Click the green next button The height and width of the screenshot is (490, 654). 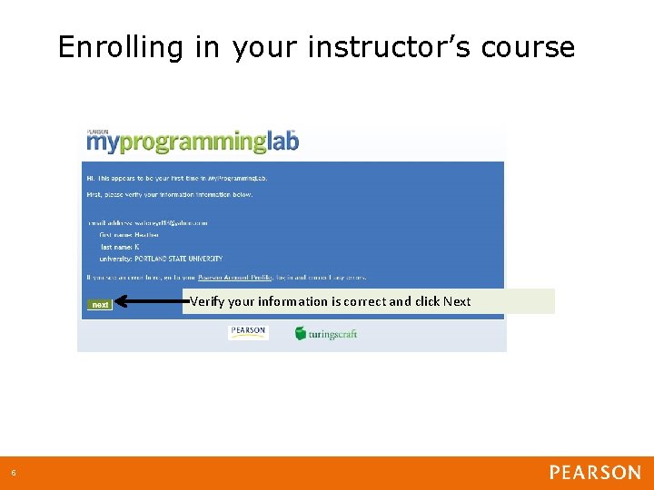100,305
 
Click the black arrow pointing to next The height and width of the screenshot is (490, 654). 150,302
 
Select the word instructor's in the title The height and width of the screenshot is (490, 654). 390,47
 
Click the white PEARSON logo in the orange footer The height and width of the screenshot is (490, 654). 595,473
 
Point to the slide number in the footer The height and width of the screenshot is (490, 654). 14,473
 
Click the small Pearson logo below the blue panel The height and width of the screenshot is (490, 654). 248,332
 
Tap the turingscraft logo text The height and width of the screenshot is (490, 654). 333,334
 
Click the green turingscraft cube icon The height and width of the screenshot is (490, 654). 300,333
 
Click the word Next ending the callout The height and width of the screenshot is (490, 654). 457,301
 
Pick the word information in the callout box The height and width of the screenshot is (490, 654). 292,301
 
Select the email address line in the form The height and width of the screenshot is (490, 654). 148,221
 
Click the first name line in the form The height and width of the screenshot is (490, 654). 129,234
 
